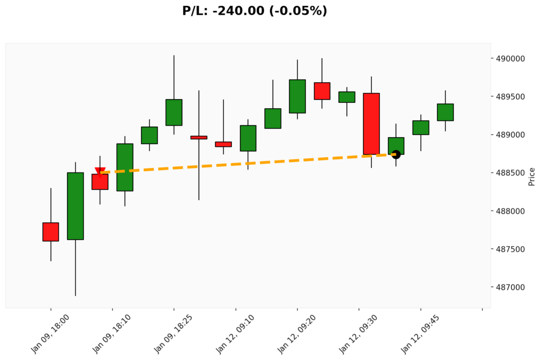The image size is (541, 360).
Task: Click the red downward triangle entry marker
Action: (100, 171)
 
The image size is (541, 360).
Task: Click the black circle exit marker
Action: (396, 154)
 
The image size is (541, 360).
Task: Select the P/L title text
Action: (255, 11)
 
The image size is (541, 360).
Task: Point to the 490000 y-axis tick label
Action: (510, 59)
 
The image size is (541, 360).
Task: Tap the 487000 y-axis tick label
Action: (510, 288)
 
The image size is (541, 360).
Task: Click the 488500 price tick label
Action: (510, 173)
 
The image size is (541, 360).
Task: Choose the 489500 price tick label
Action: (510, 97)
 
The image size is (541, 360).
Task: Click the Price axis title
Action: (531, 176)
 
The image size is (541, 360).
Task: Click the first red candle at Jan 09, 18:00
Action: (51, 232)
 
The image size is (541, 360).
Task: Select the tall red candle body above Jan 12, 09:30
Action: (371, 124)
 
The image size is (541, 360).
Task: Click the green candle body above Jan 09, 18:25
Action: (174, 112)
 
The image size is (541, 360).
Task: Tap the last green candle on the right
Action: (445, 112)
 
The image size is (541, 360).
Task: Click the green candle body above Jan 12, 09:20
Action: (297, 96)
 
